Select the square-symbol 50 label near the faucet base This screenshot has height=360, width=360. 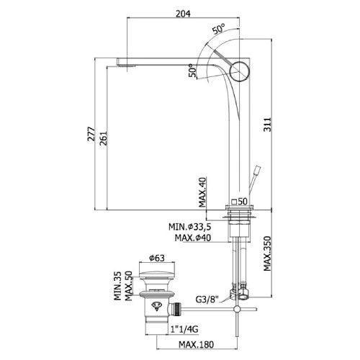pos(239,201)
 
